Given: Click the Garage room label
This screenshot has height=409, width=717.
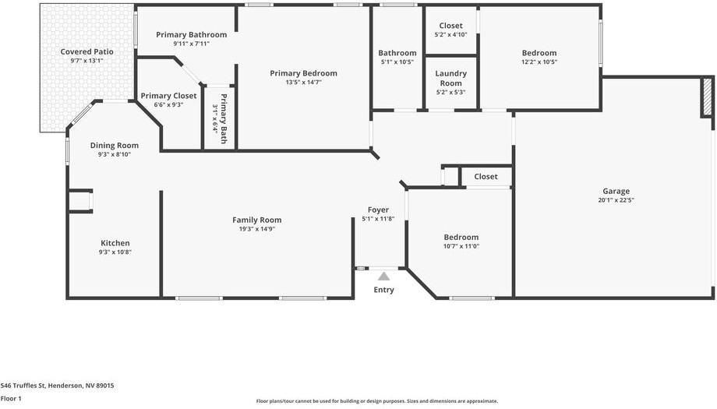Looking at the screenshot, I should [616, 191].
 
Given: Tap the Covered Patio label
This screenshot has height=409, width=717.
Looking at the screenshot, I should [87, 51].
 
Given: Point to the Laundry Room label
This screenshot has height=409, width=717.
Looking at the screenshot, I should [450, 78].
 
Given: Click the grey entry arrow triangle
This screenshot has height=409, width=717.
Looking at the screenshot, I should [383, 276].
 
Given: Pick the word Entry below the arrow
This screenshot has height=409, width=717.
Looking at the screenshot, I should [383, 290].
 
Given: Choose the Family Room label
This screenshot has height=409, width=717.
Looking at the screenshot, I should [256, 220].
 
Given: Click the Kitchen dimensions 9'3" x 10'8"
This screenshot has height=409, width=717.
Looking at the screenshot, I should [115, 252].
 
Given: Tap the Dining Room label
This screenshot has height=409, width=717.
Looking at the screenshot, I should [114, 145].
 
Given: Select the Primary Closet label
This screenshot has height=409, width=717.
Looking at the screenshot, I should [168, 96].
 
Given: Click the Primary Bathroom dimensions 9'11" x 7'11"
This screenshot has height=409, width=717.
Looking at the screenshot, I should [191, 44].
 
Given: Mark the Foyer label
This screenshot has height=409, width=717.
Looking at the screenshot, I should [378, 210].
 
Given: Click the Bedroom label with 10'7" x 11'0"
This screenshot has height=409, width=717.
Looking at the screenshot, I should [461, 237].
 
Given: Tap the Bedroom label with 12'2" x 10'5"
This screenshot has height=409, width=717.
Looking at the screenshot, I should [539, 53].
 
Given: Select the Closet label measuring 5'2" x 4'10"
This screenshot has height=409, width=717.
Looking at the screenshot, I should [450, 26].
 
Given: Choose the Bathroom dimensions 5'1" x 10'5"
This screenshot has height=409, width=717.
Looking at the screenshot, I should [397, 62].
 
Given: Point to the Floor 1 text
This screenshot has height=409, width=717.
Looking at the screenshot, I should [11, 398].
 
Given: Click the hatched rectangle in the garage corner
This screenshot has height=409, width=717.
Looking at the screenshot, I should [708, 97].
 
